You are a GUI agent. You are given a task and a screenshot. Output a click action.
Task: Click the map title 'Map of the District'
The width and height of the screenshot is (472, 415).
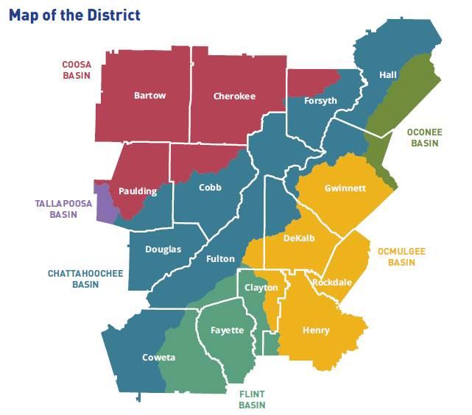pyautogui.click(x=74, y=15)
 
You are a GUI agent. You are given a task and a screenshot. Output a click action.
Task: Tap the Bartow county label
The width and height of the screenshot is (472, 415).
pyautogui.click(x=150, y=96)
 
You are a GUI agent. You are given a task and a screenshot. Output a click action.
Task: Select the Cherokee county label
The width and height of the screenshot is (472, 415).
pyautogui.click(x=234, y=96)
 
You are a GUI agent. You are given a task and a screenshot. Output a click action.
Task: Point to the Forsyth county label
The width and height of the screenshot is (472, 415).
pyautogui.click(x=320, y=101)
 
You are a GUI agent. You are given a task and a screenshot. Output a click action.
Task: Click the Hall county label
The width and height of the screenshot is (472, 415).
pyautogui.click(x=388, y=75)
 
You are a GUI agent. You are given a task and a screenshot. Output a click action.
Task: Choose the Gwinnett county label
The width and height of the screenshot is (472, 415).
pyautogui.click(x=345, y=188)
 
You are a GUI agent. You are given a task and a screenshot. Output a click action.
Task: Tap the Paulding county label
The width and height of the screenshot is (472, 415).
pyautogui.click(x=138, y=191)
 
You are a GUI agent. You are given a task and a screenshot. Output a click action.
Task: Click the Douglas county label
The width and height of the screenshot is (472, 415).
pyautogui.click(x=163, y=249)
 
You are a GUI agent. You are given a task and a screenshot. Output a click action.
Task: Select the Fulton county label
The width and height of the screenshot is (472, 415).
pyautogui.click(x=220, y=259)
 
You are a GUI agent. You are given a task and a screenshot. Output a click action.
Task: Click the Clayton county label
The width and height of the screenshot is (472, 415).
pyautogui.click(x=261, y=288)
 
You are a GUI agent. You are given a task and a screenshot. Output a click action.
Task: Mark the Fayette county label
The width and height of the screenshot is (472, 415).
pyautogui.click(x=227, y=330)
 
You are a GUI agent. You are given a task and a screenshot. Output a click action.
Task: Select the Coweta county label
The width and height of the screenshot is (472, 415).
pyautogui.click(x=158, y=358)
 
